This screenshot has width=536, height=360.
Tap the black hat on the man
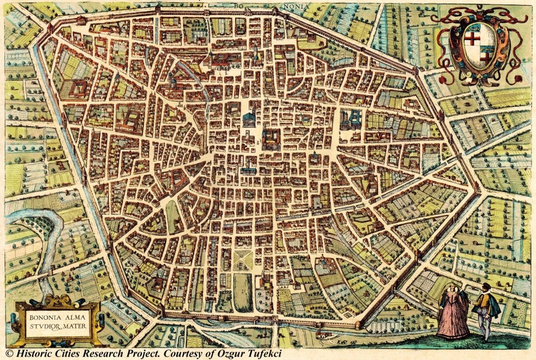click(x=486, y=286)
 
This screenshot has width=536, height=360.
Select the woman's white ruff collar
click(x=453, y=293)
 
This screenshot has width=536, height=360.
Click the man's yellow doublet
click(x=484, y=304)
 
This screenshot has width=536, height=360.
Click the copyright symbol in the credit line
click(x=9, y=353)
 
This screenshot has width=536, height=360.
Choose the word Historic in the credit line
click(x=36, y=353)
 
